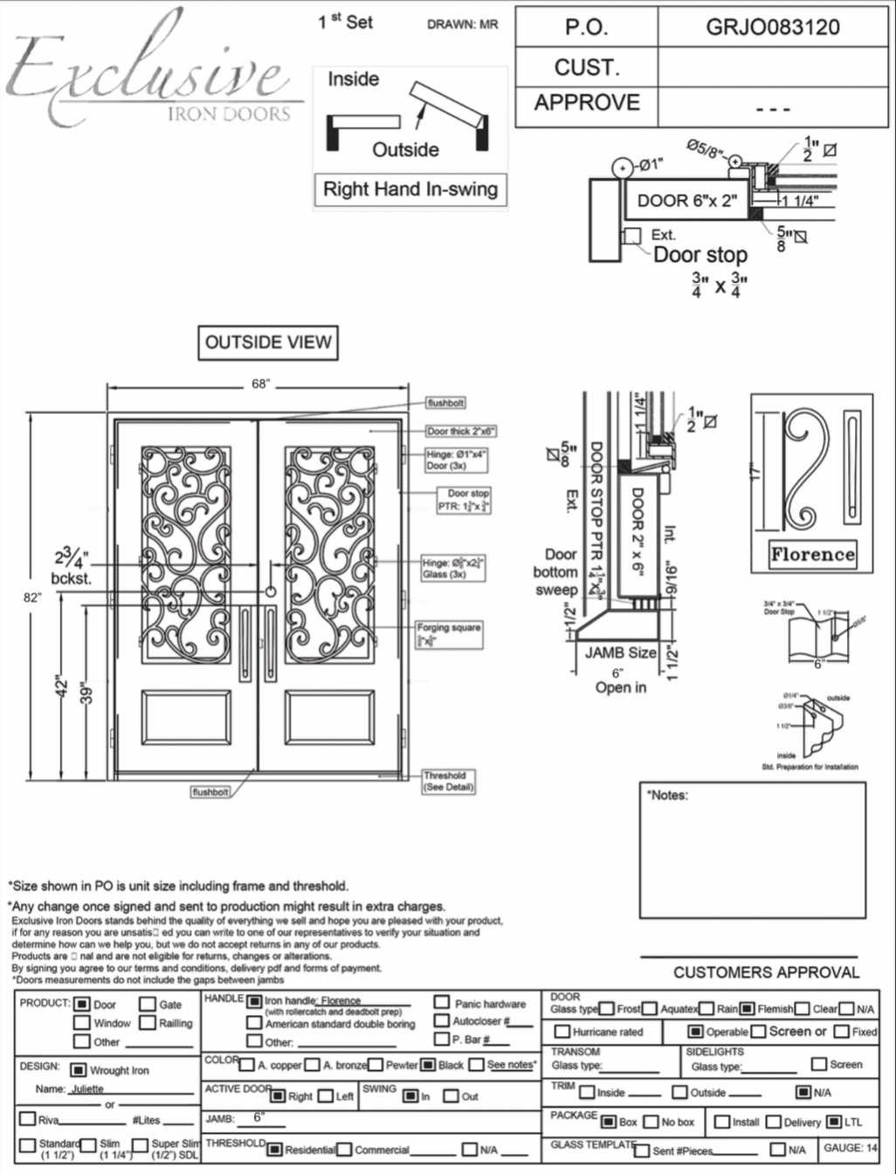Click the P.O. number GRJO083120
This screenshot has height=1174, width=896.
click(x=772, y=27)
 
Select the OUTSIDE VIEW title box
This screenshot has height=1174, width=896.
click(x=268, y=342)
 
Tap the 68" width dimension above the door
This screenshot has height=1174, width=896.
click(x=260, y=384)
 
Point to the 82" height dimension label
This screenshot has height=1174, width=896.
click(x=32, y=597)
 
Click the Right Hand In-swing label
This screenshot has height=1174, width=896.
click(x=410, y=190)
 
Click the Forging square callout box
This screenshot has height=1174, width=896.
click(x=449, y=634)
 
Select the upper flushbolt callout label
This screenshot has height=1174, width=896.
click(x=445, y=403)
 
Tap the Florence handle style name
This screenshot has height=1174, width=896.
click(x=812, y=554)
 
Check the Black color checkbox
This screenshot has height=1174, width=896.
click(x=428, y=1065)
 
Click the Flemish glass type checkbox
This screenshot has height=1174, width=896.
click(x=748, y=1009)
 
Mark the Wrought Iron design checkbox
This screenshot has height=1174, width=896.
click(x=79, y=1070)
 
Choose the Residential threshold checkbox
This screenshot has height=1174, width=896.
click(x=275, y=1150)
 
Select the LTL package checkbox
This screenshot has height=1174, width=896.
click(x=834, y=1122)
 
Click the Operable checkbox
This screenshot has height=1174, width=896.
click(x=695, y=1032)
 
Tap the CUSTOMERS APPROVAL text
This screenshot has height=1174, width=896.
click(x=766, y=972)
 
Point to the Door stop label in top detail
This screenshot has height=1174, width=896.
click(x=700, y=255)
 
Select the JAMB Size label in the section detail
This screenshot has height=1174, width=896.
click(x=620, y=653)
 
